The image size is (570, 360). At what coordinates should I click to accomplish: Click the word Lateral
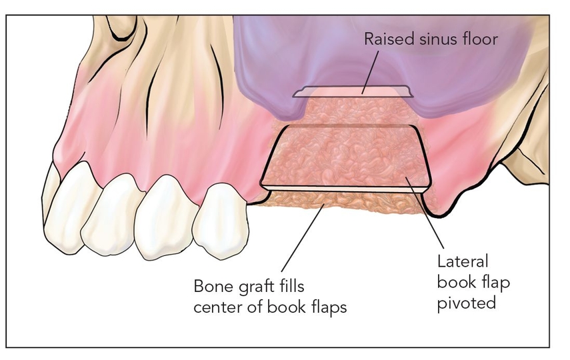point(463,261)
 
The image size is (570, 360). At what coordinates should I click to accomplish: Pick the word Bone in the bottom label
point(209,287)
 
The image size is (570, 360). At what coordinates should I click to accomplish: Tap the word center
point(217,308)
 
